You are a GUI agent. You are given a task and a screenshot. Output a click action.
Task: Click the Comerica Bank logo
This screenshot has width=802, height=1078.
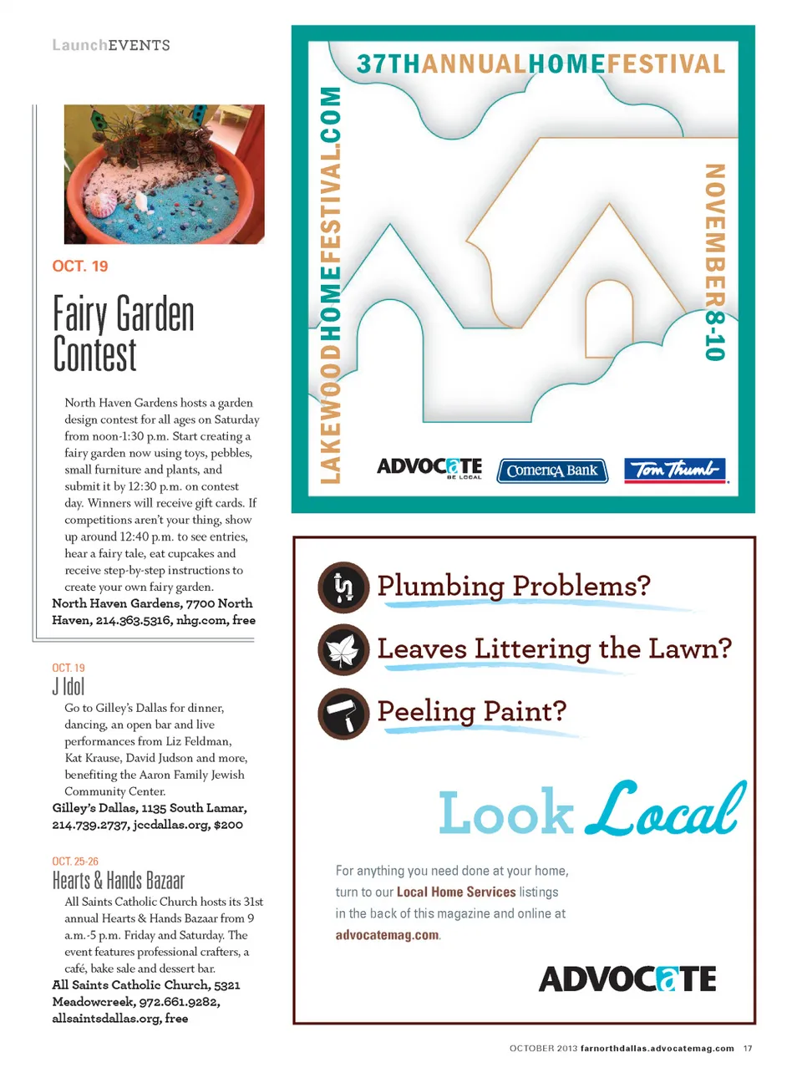point(552,470)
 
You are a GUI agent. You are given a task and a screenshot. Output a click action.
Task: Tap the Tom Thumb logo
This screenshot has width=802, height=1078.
point(675,470)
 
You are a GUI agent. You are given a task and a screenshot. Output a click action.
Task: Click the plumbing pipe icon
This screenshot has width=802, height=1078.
point(343,587)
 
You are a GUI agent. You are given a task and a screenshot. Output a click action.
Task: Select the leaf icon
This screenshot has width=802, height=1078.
point(343,650)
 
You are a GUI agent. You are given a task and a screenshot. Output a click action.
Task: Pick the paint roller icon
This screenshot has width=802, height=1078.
point(343,714)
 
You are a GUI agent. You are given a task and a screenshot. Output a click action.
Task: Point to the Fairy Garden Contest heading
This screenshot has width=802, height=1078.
point(123,333)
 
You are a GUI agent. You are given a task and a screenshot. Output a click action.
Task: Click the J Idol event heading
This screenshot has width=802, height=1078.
point(69,687)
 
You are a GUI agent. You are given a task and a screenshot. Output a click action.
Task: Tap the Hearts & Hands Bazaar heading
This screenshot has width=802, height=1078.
point(118,881)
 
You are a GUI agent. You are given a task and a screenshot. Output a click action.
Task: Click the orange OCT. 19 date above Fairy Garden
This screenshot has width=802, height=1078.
point(80,267)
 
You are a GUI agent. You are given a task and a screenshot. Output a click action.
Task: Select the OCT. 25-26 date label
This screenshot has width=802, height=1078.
point(75,862)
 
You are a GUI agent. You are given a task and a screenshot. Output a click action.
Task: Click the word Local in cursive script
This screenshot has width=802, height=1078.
point(664,809)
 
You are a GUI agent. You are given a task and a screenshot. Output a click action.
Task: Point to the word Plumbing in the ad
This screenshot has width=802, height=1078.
point(440,586)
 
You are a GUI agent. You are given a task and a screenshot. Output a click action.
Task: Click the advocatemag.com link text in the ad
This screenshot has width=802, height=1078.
point(387,935)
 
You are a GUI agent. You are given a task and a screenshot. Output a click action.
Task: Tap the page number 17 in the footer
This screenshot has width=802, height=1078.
point(748,1048)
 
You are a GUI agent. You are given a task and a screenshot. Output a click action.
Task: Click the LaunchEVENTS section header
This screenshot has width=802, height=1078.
point(111,45)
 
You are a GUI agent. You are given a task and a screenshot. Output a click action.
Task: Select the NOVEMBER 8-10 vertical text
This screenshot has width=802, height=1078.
point(714,262)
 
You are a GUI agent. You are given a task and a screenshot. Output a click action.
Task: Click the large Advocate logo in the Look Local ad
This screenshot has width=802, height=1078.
point(627,979)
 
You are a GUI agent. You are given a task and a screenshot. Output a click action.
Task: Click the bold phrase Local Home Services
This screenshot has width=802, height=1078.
point(456,892)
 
